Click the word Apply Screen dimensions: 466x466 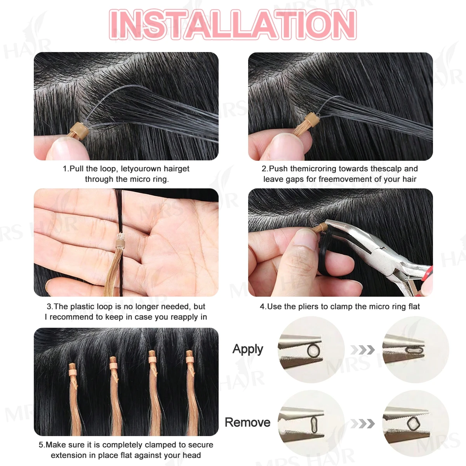[x=248, y=349]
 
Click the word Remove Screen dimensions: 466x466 [x=247, y=422]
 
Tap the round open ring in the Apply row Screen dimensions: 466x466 [x=313, y=350]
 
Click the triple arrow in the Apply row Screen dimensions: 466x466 [x=362, y=350]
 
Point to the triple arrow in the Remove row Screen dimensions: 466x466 [x=362, y=423]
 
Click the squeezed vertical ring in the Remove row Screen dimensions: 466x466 [x=314, y=424]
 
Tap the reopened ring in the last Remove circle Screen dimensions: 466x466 [x=414, y=423]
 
